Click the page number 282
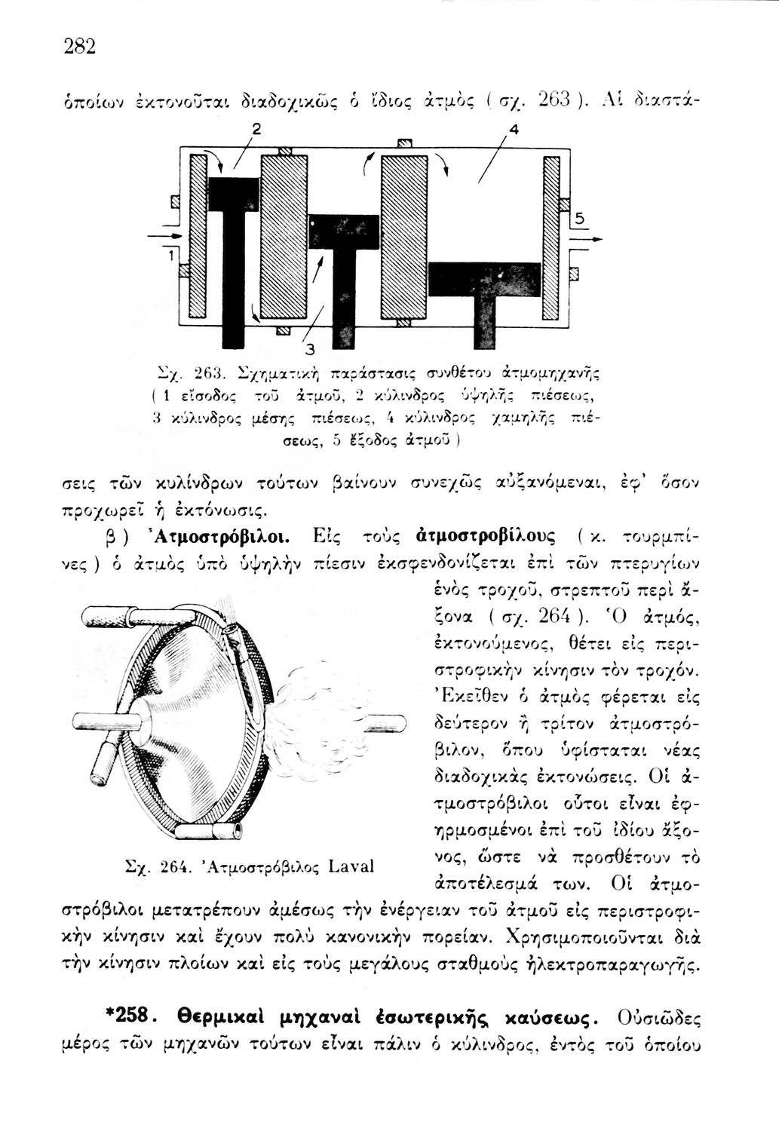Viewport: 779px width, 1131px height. click(x=79, y=47)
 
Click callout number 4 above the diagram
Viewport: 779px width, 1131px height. click(x=514, y=129)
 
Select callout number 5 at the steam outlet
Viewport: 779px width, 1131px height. click(x=579, y=219)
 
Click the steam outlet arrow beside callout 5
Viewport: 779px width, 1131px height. click(x=587, y=239)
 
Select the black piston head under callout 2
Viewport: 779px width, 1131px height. click(x=233, y=195)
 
